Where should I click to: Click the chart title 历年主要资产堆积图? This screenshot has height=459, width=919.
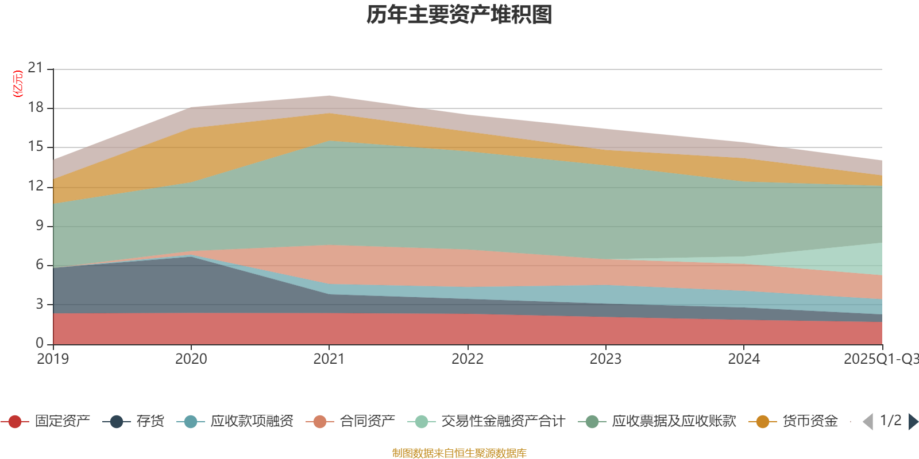pyautogui.click(x=459, y=15)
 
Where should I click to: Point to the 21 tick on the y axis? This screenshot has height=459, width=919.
pyautogui.click(x=36, y=68)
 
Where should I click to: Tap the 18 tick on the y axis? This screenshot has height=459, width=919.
pyautogui.click(x=36, y=107)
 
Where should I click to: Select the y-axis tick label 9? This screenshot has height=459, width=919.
pyautogui.click(x=40, y=225)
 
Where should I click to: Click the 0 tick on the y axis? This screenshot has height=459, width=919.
pyautogui.click(x=40, y=343)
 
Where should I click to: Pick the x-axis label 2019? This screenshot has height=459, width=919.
pyautogui.click(x=53, y=359)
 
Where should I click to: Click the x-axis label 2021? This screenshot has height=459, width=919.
pyautogui.click(x=329, y=359)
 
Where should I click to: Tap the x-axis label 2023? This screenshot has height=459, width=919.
pyautogui.click(x=605, y=359)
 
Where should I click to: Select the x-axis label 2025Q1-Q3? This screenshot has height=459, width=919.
pyautogui.click(x=880, y=359)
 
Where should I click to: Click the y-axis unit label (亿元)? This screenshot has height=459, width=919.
pyautogui.click(x=18, y=84)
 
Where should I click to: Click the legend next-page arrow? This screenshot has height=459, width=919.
pyautogui.click(x=913, y=422)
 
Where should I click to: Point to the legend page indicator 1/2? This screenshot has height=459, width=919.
pyautogui.click(x=890, y=421)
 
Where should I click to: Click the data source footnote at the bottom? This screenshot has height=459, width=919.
pyautogui.click(x=459, y=453)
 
